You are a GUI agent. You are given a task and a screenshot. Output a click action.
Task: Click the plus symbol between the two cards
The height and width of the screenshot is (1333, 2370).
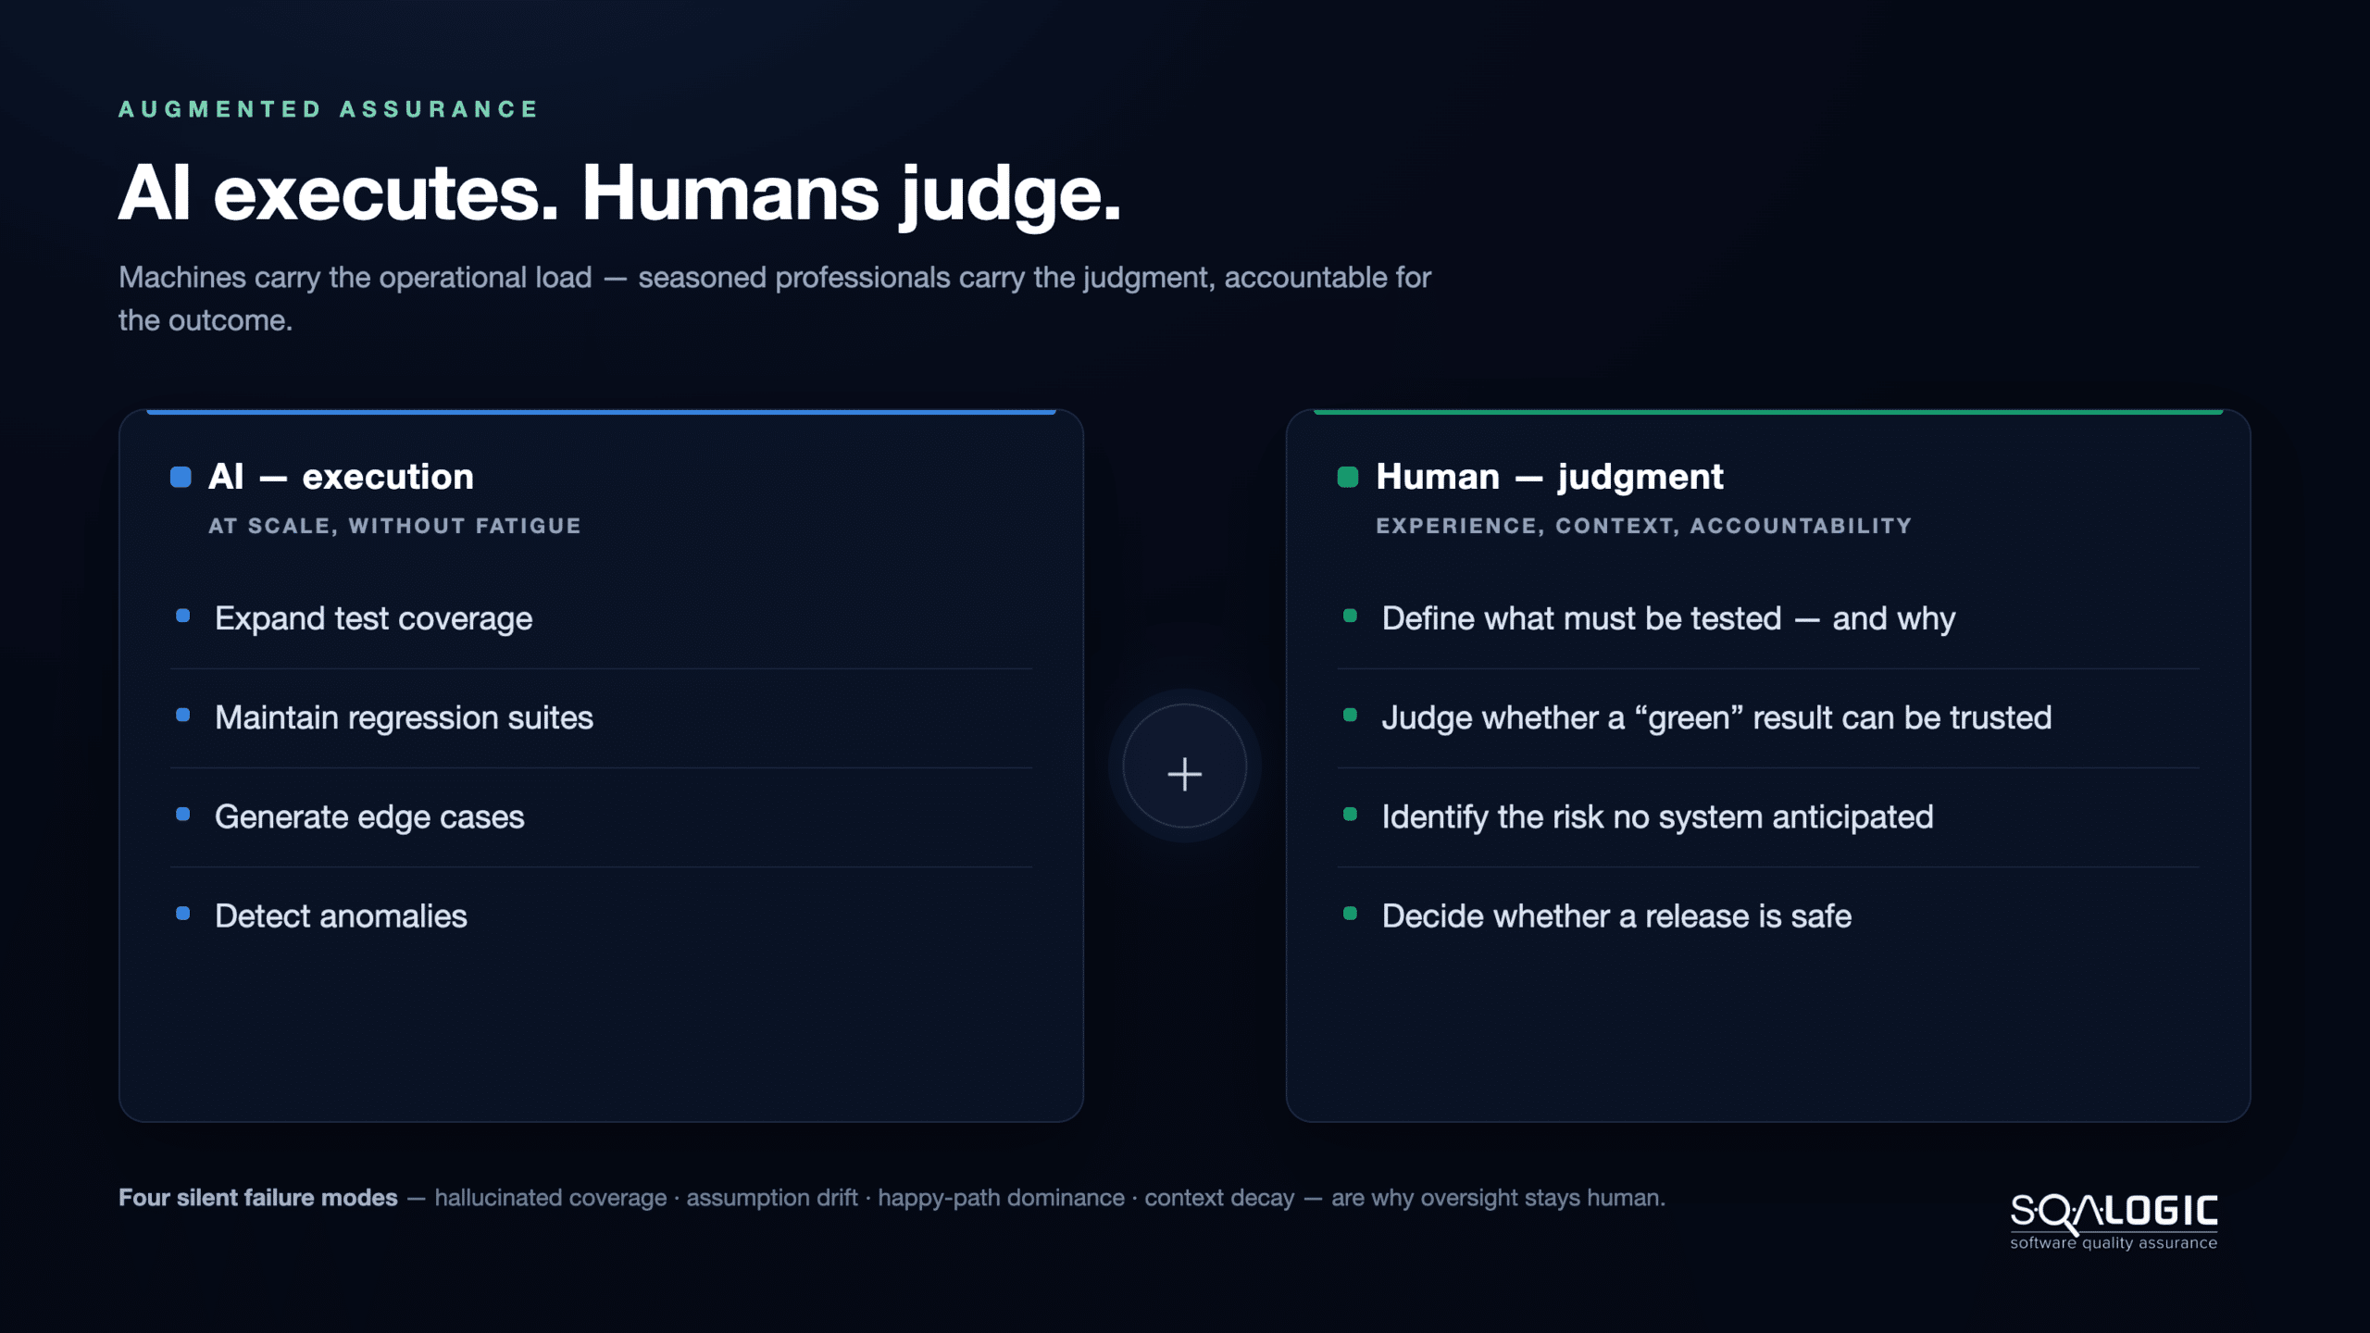[1185, 774]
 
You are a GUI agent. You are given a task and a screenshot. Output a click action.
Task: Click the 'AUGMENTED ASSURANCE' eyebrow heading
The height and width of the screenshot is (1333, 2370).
[328, 109]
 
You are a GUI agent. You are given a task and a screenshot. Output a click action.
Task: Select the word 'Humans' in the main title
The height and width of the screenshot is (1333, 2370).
[730, 193]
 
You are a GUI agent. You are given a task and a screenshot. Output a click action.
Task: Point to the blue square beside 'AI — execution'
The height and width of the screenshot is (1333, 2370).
[181, 477]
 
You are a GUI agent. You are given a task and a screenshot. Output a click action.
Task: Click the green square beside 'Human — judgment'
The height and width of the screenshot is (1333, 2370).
[1348, 477]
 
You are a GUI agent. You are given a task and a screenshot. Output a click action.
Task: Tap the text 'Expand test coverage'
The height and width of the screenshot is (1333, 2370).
[373, 618]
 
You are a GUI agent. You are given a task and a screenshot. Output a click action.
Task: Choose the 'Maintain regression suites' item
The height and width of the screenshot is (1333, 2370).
[404, 717]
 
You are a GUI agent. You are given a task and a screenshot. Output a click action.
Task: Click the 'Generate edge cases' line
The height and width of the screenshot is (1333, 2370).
[369, 816]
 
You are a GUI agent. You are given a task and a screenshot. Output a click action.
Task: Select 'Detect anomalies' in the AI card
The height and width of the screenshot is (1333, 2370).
[341, 916]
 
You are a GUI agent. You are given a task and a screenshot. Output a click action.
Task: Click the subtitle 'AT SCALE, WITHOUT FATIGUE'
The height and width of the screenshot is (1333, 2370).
[394, 526]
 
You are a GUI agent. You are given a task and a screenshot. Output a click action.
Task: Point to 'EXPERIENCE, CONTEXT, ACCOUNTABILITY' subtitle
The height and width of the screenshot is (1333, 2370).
[1643, 526]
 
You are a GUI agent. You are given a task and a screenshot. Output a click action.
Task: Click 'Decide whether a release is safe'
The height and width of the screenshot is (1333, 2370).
[1616, 916]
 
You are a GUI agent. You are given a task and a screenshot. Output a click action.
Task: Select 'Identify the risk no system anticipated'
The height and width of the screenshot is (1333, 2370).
[1657, 816]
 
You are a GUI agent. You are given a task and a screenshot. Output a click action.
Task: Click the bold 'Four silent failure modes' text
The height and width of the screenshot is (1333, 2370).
[258, 1198]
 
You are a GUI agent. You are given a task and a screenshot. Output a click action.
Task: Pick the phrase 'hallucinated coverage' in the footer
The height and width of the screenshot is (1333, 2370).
[551, 1198]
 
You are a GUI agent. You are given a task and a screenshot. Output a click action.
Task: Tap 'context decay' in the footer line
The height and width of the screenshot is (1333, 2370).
[1219, 1198]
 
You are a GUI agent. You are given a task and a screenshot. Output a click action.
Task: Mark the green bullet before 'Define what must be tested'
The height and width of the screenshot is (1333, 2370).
[1350, 616]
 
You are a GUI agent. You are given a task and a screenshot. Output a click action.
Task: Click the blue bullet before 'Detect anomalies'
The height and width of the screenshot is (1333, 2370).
[183, 914]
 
